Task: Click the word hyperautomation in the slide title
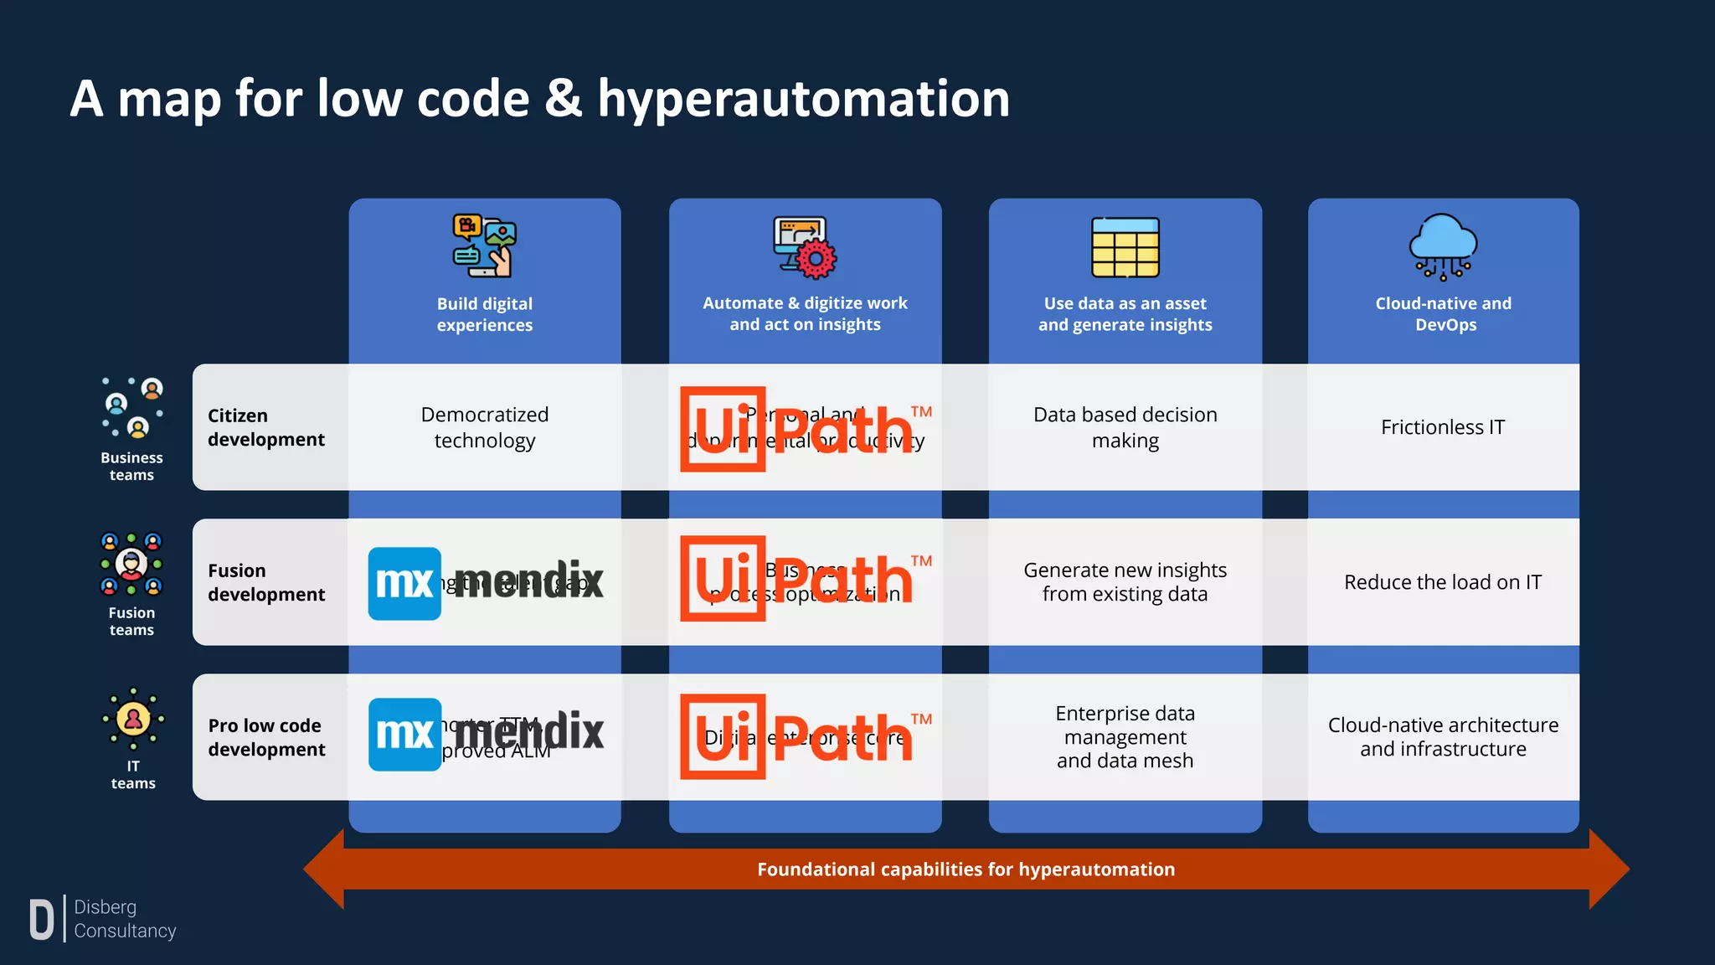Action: click(803, 100)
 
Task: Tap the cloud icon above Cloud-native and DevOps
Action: click(1443, 245)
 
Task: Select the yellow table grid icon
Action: click(1125, 247)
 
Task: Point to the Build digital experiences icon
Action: click(484, 245)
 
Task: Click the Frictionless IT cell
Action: click(1442, 427)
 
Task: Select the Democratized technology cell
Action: click(484, 427)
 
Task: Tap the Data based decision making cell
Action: click(1125, 427)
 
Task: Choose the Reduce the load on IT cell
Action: click(1442, 582)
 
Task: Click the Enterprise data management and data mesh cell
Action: click(1125, 737)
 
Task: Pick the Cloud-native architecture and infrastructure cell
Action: click(1442, 737)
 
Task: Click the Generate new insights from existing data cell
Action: click(1125, 582)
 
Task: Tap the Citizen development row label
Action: click(265, 427)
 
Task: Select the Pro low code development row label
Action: click(265, 737)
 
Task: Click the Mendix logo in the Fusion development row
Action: click(486, 583)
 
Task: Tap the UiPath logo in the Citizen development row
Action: click(805, 429)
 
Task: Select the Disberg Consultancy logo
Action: click(102, 919)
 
